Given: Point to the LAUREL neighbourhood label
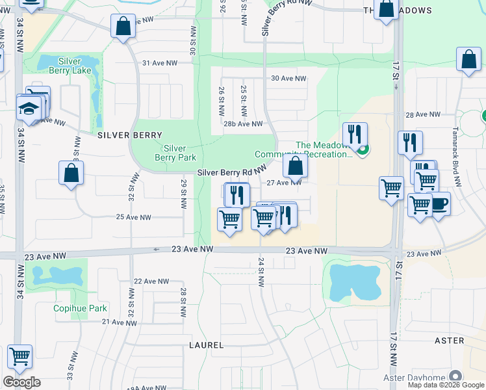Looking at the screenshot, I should [x=206, y=344].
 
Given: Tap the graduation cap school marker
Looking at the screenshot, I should [x=29, y=108].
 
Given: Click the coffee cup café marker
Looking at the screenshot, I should [x=439, y=203].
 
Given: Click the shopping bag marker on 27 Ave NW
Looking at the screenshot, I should [x=295, y=166].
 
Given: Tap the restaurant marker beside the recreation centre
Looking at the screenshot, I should [x=354, y=135].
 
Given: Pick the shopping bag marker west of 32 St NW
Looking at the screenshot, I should [x=71, y=174].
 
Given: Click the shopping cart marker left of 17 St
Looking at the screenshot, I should [x=391, y=188].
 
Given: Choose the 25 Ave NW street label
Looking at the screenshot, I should [x=133, y=217].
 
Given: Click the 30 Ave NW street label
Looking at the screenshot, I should [x=288, y=78].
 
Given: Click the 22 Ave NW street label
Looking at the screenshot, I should [x=151, y=281].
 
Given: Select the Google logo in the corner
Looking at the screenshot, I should [x=21, y=382].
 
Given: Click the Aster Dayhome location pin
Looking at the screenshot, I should [x=455, y=376].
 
